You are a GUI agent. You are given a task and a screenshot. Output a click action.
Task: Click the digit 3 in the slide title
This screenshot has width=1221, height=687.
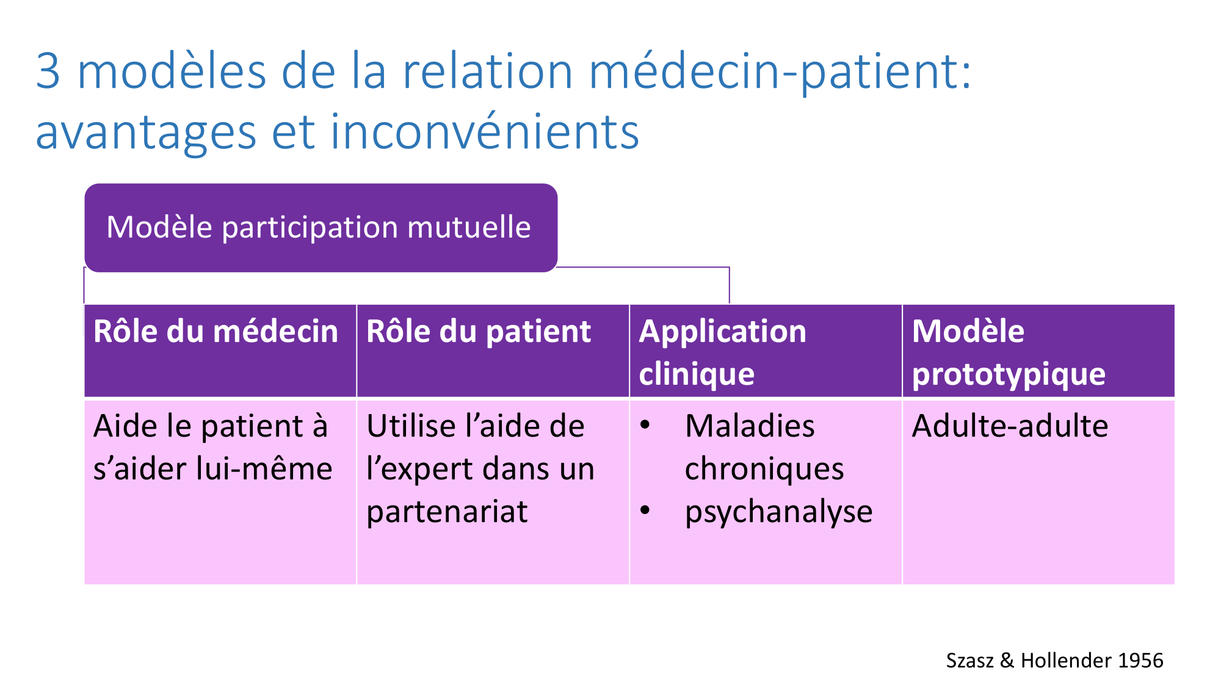(x=48, y=71)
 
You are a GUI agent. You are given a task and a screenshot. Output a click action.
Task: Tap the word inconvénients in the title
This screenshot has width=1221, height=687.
(x=485, y=131)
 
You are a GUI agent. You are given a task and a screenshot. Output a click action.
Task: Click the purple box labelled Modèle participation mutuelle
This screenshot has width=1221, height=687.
(x=321, y=228)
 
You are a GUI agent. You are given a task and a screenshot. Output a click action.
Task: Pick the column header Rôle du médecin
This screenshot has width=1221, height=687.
(x=216, y=332)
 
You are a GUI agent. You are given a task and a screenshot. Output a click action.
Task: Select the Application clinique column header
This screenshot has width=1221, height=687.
(x=723, y=353)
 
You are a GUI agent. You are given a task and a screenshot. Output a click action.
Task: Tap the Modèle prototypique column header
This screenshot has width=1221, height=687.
(x=1009, y=353)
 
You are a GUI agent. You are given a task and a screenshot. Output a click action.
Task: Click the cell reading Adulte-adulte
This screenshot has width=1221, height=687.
(x=1010, y=426)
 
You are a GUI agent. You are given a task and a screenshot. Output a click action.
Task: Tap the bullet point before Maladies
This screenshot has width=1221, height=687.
(x=645, y=425)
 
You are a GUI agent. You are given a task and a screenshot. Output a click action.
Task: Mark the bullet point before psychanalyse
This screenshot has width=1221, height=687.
(x=645, y=511)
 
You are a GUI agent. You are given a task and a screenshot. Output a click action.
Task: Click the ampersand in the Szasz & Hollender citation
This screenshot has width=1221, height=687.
(x=1007, y=661)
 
